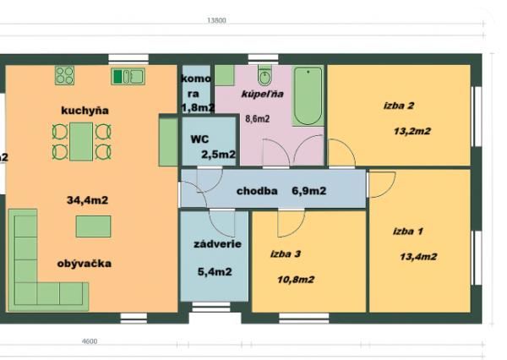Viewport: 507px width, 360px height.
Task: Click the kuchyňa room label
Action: tap(85, 111)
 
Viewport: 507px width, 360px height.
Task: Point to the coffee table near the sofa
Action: tap(93, 226)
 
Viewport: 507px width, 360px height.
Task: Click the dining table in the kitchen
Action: tap(82, 141)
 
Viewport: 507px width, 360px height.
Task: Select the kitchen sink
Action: tap(128, 76)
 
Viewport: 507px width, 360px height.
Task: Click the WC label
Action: tap(199, 137)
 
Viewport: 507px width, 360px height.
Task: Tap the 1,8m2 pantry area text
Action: tap(197, 108)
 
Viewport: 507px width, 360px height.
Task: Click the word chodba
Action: tap(257, 191)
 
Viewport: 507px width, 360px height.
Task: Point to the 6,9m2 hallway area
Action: tap(309, 191)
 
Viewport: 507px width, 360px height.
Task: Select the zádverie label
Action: tap(218, 244)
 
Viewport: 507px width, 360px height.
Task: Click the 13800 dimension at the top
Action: tap(217, 20)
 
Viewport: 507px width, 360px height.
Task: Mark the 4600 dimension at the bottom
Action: tap(90, 341)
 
